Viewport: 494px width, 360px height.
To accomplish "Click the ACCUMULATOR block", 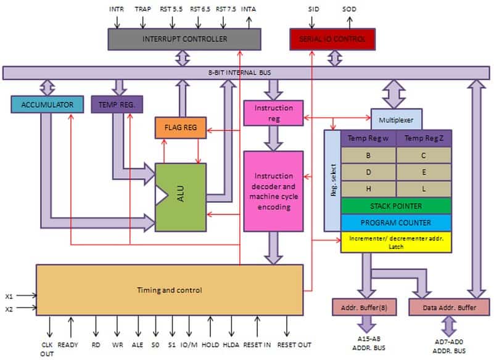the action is click(x=47, y=105).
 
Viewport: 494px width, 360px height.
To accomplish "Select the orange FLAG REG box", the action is click(x=181, y=128).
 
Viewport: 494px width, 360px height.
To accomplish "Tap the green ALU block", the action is click(x=181, y=197).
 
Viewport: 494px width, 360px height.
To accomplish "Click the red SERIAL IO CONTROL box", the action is click(x=332, y=39).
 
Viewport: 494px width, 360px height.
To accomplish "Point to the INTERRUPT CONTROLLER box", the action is click(x=184, y=39).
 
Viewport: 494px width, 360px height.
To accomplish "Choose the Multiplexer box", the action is click(x=397, y=120).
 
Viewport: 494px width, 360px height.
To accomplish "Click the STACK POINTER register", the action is click(x=396, y=206).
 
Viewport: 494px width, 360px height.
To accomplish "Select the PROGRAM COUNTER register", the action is click(x=396, y=223).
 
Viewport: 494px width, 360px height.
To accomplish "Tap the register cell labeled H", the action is click(x=368, y=189).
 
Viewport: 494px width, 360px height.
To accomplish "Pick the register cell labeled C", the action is click(x=424, y=155).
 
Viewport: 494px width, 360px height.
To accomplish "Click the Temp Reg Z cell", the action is click(x=424, y=138).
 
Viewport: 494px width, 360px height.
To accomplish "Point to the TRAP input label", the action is click(x=143, y=9).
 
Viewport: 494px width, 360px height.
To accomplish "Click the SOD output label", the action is click(x=349, y=9).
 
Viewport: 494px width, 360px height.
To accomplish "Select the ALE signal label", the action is click(x=138, y=345).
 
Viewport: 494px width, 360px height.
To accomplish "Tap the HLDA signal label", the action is click(x=231, y=345).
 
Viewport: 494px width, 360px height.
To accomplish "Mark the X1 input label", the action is click(x=9, y=297).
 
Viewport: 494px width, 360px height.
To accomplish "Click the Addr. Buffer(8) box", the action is click(x=364, y=308).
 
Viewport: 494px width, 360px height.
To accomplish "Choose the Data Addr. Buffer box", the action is click(x=449, y=308).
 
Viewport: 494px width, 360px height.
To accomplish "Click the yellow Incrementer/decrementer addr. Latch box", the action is click(x=396, y=242).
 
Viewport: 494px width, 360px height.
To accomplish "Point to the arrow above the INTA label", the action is click(x=249, y=23).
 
